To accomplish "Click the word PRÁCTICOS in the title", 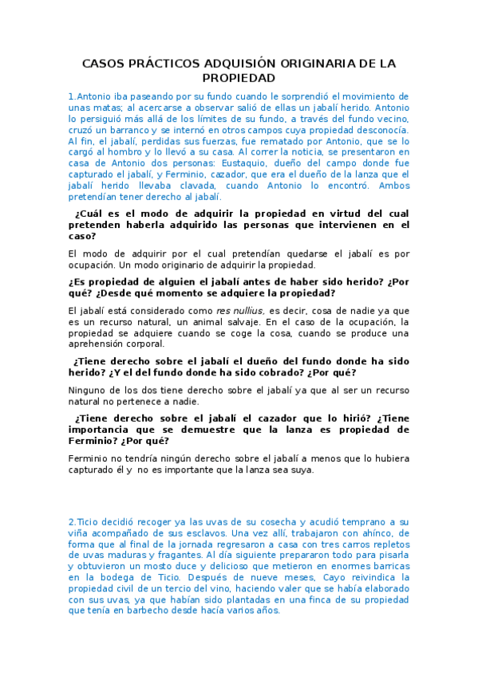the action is point(152,63).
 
